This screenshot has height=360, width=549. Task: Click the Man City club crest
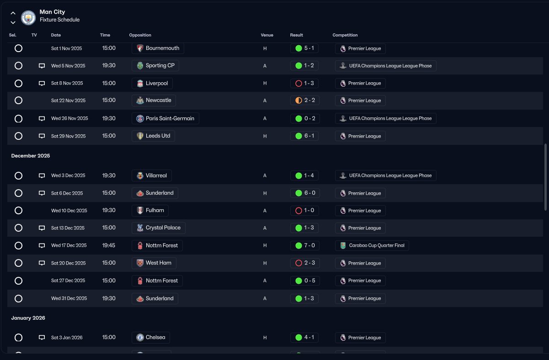28,17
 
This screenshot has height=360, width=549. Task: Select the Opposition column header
140,35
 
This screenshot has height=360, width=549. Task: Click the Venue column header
267,35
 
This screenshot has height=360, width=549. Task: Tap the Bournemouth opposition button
158,48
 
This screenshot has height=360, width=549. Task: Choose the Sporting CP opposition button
155,66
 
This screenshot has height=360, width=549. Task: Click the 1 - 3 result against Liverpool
304,84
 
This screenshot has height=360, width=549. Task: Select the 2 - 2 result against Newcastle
304,101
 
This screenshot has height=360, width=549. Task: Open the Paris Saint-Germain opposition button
165,118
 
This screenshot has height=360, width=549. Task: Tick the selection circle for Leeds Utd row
18,136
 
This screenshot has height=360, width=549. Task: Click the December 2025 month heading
31,156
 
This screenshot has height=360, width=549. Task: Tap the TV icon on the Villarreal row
42,175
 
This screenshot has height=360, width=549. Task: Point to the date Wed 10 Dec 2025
69,211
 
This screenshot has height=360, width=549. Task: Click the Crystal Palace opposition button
159,228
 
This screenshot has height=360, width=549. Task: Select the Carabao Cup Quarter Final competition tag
372,245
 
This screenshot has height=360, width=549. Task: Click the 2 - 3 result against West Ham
304,263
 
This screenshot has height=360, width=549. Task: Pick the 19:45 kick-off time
109,245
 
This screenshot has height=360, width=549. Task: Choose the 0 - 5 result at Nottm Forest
304,281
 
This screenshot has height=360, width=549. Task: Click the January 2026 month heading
28,318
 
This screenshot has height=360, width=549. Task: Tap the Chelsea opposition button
151,338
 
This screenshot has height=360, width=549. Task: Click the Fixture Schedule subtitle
59,20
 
